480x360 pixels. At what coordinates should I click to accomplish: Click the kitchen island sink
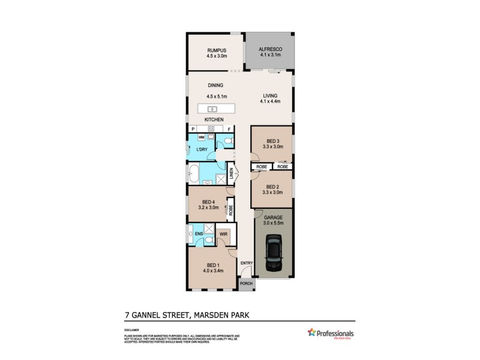coord(212,109)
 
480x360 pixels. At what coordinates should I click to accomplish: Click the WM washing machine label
coord(201,137)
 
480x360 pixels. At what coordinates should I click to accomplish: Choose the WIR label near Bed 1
coord(223,233)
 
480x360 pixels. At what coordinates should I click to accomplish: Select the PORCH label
coord(246,283)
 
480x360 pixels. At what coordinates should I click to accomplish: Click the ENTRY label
coord(246,263)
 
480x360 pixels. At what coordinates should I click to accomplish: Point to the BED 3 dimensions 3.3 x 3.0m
coord(272,146)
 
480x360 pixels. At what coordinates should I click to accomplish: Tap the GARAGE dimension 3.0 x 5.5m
coord(274,223)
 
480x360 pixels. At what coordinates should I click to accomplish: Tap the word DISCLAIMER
coord(133,330)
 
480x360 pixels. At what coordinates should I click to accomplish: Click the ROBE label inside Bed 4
coord(230,211)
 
